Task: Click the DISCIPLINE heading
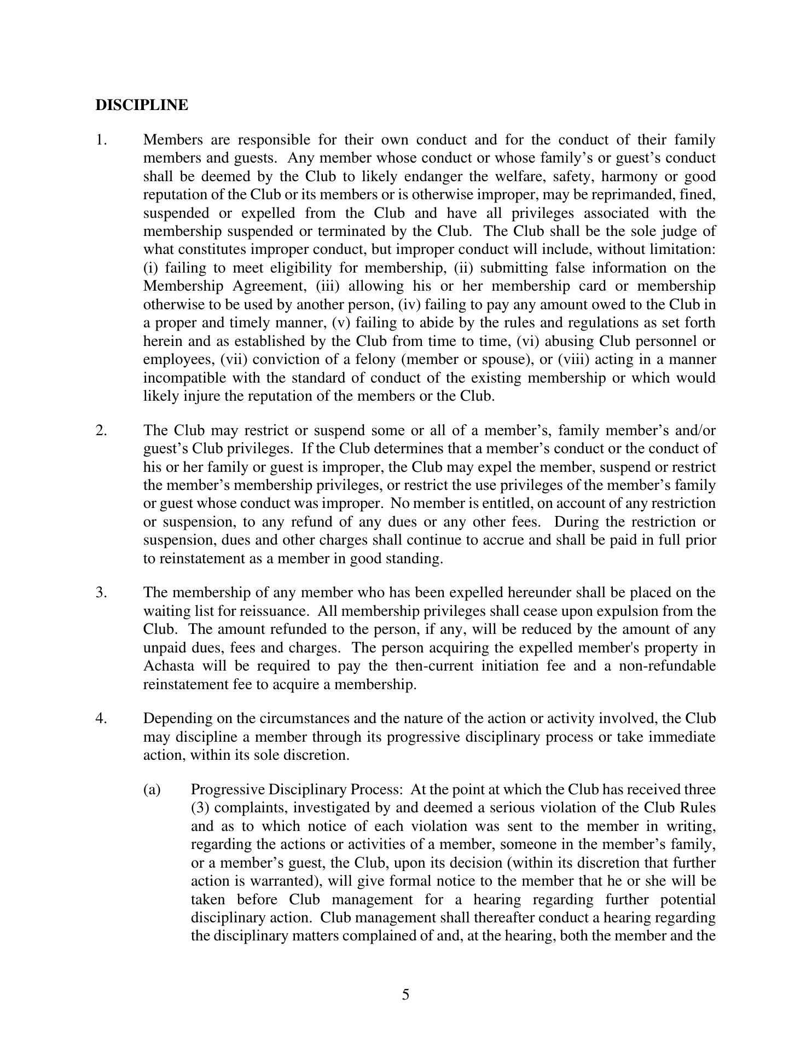[142, 105]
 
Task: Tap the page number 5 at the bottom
[405, 995]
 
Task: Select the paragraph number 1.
[101, 140]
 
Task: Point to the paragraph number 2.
[101, 430]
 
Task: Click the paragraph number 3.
[101, 592]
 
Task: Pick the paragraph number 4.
[101, 718]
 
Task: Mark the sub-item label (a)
[152, 789]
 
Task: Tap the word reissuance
[275, 611]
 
